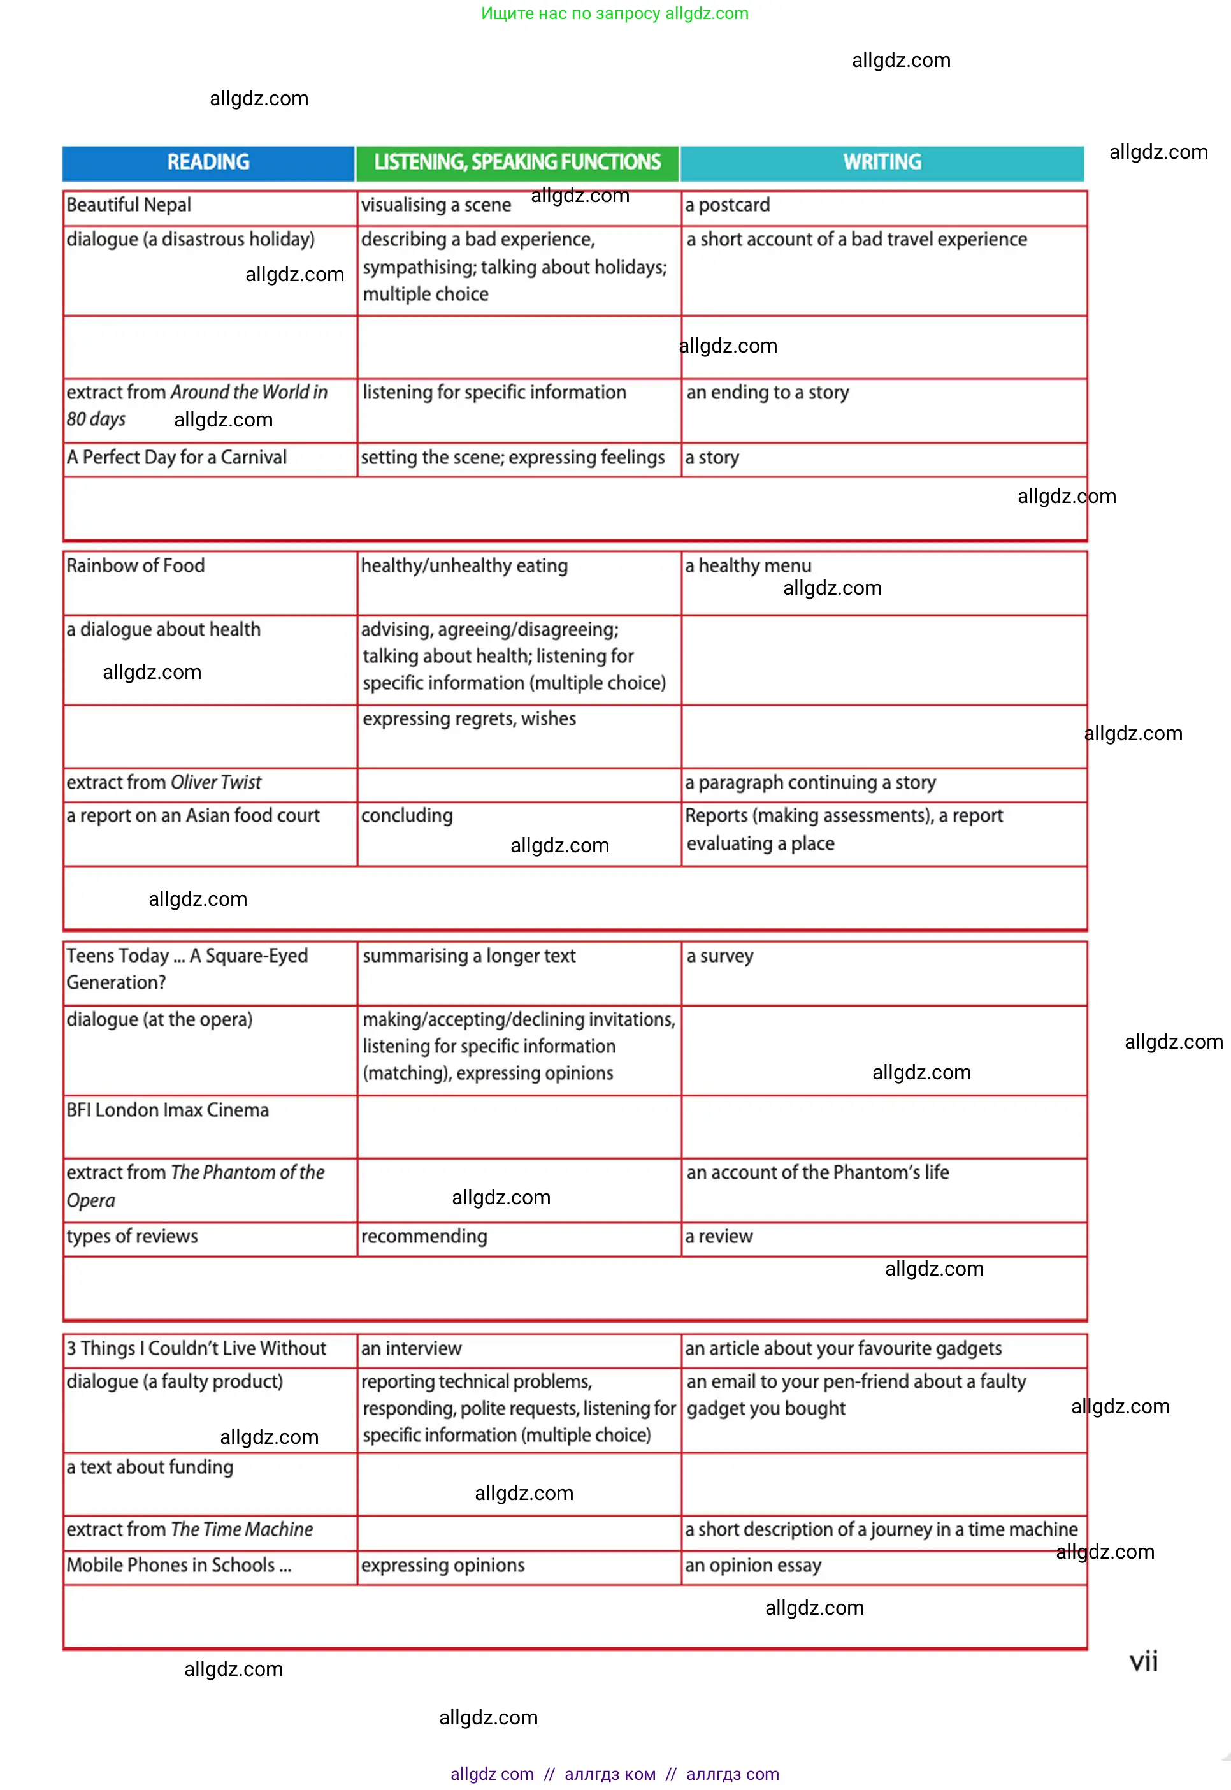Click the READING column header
[x=208, y=162]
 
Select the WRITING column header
[x=882, y=162]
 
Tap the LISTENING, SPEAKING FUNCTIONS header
[x=517, y=162]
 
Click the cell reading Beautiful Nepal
[x=129, y=205]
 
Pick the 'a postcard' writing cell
[x=728, y=205]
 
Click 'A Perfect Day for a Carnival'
[x=176, y=458]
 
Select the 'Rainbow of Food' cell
[x=136, y=565]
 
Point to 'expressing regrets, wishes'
[x=469, y=719]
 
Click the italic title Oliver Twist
[x=216, y=782]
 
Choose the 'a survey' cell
[x=719, y=956]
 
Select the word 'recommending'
[x=424, y=1237]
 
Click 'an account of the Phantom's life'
[x=817, y=1173]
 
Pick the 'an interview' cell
[x=411, y=1349]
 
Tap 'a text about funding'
[x=150, y=1467]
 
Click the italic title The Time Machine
[x=242, y=1530]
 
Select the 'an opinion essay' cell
[x=752, y=1566]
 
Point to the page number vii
[x=1143, y=1661]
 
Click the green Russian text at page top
[x=615, y=13]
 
